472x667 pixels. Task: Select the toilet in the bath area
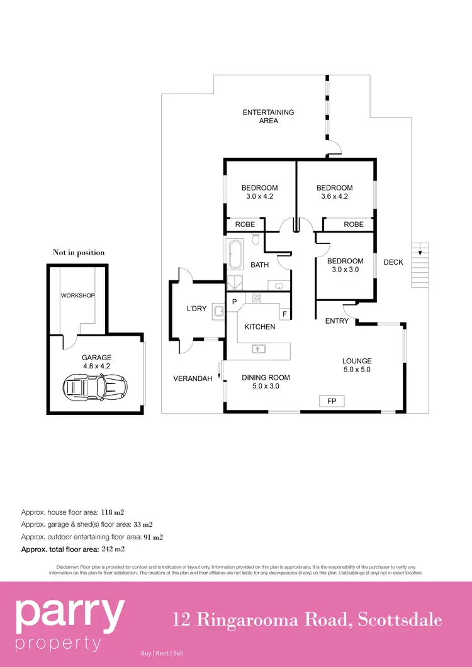[256, 239]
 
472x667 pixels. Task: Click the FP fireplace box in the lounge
[332, 400]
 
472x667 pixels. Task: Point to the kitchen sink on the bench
[258, 348]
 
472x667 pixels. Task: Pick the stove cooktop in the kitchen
[257, 297]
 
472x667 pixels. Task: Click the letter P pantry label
[233, 302]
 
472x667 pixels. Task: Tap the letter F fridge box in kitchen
[284, 313]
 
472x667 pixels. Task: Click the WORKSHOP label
[77, 295]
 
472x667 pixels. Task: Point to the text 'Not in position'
[79, 253]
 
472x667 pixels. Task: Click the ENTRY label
[337, 321]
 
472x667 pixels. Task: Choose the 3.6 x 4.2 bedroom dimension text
[334, 196]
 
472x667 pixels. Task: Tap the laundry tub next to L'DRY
[218, 310]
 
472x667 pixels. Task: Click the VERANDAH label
[193, 378]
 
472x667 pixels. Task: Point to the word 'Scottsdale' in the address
[400, 620]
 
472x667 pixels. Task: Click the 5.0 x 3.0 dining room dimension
[266, 386]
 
